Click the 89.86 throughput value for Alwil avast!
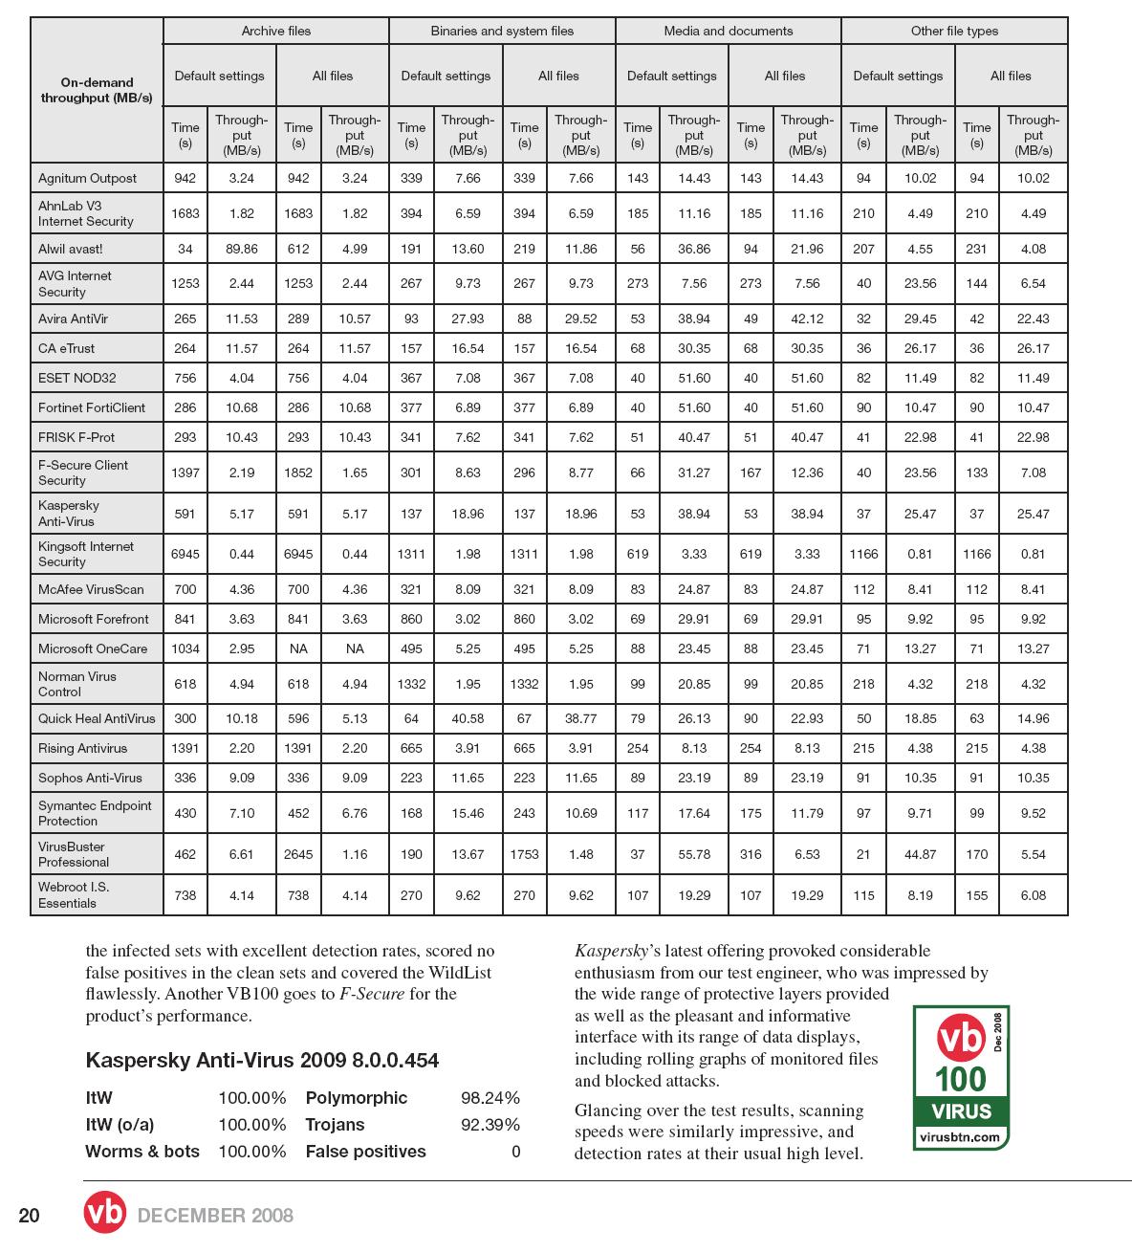(x=242, y=249)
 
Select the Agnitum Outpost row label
(x=87, y=178)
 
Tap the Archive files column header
(x=275, y=31)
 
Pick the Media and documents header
(x=728, y=31)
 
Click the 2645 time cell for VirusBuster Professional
(x=298, y=854)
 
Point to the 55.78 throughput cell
(x=694, y=854)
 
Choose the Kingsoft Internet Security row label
(x=86, y=554)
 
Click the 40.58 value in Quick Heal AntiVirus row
(x=468, y=718)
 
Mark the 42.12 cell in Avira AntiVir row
(x=807, y=319)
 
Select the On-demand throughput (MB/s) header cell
(x=96, y=90)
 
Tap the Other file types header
(x=954, y=31)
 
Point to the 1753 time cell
(x=524, y=854)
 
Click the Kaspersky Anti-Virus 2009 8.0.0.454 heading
(x=262, y=1060)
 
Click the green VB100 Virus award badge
(x=960, y=1077)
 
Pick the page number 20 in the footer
(x=30, y=1216)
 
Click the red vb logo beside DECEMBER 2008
(x=104, y=1213)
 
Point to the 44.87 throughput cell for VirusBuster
(x=920, y=854)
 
